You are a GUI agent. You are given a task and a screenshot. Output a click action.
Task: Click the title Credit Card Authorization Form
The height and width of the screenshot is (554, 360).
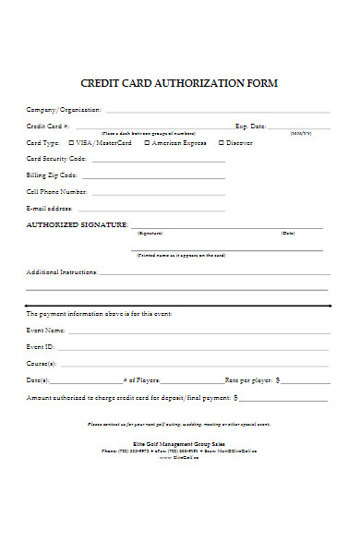coord(179,83)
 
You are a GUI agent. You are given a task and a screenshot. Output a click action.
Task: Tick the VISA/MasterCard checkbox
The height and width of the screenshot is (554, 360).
coord(72,143)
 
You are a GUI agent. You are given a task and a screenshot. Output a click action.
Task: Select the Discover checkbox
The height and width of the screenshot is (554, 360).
coord(221,143)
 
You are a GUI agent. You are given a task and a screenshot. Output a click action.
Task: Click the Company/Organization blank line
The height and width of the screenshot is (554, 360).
coord(203,111)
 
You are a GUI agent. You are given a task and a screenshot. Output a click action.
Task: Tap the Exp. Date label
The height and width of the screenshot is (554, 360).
coord(250,126)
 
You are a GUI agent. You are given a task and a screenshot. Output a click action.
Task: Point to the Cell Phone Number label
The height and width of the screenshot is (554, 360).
coord(56,192)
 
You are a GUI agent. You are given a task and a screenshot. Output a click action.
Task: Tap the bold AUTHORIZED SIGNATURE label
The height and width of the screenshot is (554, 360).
coord(77,224)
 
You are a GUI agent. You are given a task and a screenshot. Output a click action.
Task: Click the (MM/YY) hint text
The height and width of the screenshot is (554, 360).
coord(301,134)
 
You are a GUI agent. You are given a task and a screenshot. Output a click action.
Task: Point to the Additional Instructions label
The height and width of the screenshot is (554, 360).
coord(61,272)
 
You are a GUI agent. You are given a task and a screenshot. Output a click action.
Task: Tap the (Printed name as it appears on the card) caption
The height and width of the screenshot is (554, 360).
coord(181,255)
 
